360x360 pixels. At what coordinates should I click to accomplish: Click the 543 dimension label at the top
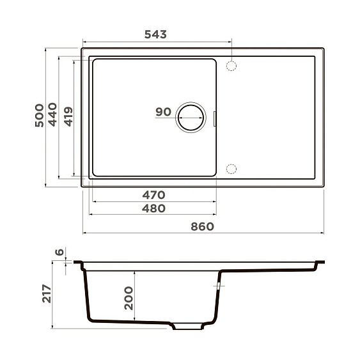[x=155, y=35]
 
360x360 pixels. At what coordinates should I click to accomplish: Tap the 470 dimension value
[x=154, y=194]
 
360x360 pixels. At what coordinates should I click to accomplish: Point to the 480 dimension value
[x=154, y=208]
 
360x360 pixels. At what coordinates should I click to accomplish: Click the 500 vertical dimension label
[x=39, y=116]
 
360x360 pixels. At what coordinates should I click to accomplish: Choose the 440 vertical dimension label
[x=53, y=116]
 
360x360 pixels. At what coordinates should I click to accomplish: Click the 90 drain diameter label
[x=163, y=112]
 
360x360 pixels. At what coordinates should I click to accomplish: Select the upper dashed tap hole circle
[x=232, y=65]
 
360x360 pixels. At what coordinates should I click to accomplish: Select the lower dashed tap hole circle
[x=232, y=169]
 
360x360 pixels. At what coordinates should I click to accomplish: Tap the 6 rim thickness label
[x=59, y=253]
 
